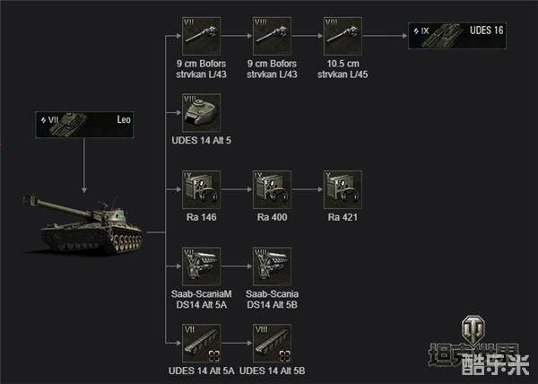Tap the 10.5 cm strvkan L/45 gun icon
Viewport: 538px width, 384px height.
click(x=343, y=37)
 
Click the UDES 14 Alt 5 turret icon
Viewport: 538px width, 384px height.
click(x=201, y=113)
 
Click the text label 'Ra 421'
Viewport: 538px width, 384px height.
click(x=343, y=218)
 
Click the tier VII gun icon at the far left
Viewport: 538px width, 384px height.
click(x=201, y=37)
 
